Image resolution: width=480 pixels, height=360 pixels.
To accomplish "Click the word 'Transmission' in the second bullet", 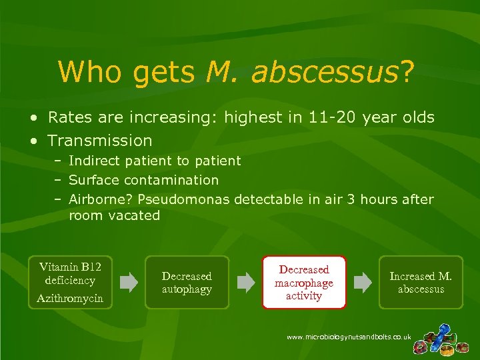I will click(x=100, y=141).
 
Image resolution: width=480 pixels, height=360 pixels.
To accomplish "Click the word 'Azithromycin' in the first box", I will click(x=70, y=298).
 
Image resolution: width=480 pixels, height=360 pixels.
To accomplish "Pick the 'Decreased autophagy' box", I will click(x=187, y=283).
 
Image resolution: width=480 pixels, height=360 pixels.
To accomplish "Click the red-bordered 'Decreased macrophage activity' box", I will click(x=304, y=283).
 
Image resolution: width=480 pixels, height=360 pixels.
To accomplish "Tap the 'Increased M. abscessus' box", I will click(x=421, y=283).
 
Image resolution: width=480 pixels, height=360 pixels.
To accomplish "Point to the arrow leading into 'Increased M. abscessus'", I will click(x=363, y=283).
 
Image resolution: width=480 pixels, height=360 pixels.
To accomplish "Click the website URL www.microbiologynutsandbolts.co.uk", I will click(x=349, y=337).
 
